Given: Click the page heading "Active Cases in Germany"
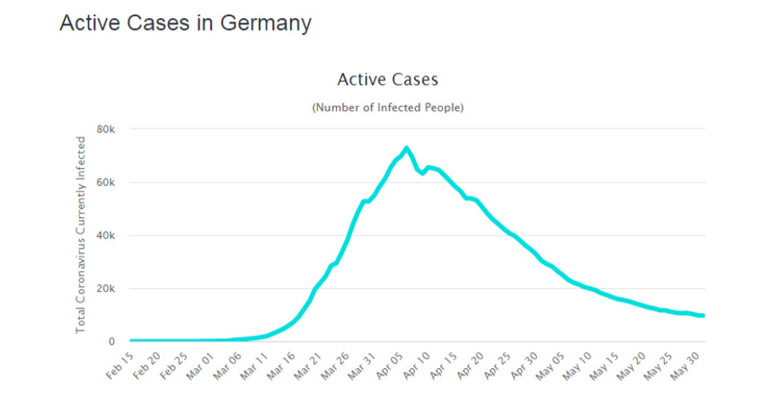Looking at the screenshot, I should (185, 24).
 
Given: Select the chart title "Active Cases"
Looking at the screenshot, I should (387, 80).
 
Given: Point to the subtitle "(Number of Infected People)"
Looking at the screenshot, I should (387, 108).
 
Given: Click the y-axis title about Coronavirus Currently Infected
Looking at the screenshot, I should (80, 235).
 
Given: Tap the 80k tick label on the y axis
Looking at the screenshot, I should (106, 129).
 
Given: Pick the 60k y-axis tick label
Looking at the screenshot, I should (106, 182).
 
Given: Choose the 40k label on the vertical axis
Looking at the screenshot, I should (106, 235).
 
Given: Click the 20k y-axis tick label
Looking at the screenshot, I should (106, 288).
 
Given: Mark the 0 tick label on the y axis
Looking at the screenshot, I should (112, 341).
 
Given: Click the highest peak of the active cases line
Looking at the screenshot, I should (407, 148).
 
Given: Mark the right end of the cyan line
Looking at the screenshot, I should (703, 315).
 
